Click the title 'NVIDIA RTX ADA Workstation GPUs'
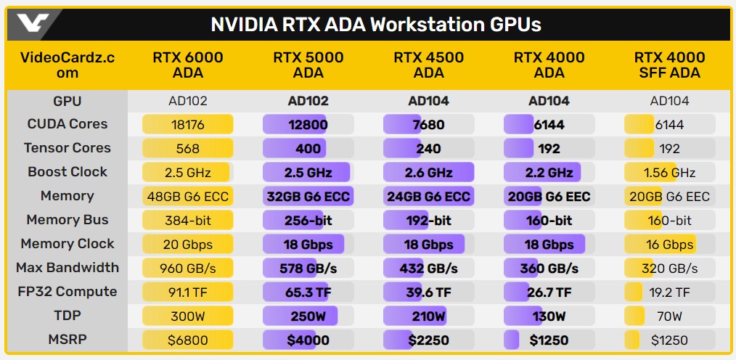[x=375, y=24]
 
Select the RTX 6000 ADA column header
[x=188, y=65]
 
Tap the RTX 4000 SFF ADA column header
[x=669, y=65]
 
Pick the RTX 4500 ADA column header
[x=428, y=65]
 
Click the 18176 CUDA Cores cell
[x=188, y=124]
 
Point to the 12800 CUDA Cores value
[x=308, y=124]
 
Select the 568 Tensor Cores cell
[x=188, y=148]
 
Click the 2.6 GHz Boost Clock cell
[x=428, y=172]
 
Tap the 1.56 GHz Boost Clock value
[x=669, y=172]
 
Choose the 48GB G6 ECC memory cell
[x=188, y=196]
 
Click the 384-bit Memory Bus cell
[x=188, y=220]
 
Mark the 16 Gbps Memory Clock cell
[x=669, y=244]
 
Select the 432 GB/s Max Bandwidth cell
[x=428, y=268]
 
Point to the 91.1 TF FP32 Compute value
[x=188, y=292]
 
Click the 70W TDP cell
[x=669, y=316]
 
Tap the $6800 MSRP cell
[x=188, y=340]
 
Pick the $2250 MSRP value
[x=428, y=340]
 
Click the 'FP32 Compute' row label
[x=68, y=292]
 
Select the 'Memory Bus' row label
[x=68, y=220]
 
